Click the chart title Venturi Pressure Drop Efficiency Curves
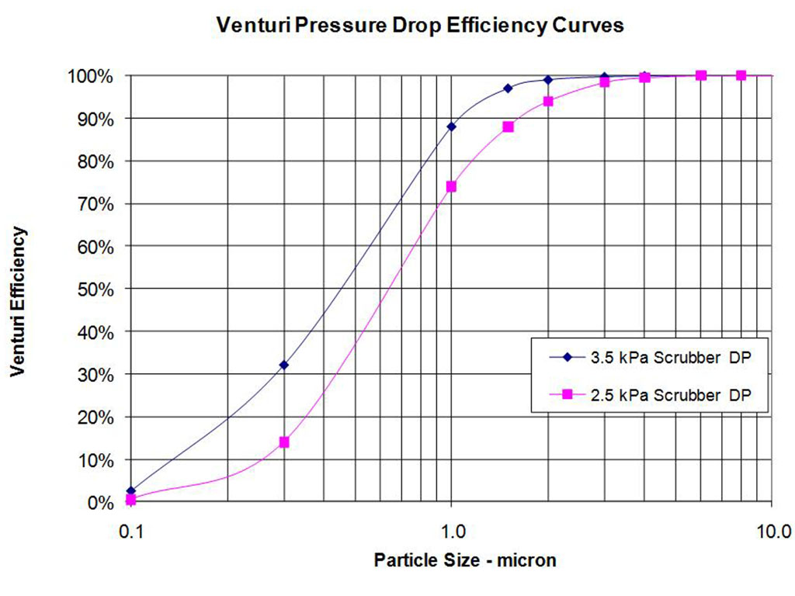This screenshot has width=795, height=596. (419, 26)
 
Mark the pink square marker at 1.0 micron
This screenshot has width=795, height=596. (451, 186)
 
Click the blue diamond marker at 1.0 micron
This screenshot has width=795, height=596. (451, 126)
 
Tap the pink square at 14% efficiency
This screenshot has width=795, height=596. (284, 442)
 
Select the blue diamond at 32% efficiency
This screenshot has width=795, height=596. (284, 366)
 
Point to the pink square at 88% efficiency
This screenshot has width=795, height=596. (508, 126)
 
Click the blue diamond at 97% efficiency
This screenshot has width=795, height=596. (508, 88)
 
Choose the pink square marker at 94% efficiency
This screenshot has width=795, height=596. (548, 101)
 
